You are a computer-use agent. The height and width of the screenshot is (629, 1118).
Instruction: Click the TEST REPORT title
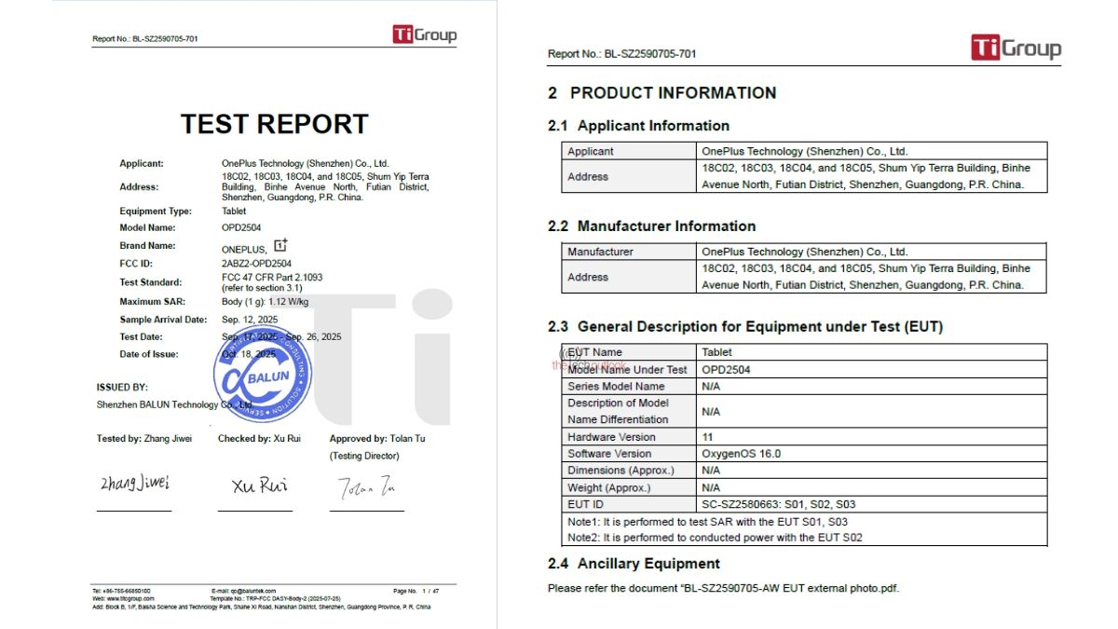274,124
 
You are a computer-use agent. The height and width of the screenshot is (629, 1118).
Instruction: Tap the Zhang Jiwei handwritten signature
135,483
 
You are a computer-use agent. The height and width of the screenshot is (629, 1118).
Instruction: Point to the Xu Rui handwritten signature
259,485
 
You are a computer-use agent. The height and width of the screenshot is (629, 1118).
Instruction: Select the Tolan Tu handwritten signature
367,486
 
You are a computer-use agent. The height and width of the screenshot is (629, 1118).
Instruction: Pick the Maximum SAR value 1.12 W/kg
291,302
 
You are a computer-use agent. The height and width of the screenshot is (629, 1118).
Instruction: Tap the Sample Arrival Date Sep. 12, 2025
250,320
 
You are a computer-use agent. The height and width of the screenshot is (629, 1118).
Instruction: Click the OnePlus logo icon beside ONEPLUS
280,246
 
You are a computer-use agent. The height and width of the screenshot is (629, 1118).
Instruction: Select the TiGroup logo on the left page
424,35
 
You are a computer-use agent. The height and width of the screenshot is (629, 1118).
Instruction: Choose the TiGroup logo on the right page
1016,48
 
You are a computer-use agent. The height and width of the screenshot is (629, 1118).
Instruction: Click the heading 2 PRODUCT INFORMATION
661,93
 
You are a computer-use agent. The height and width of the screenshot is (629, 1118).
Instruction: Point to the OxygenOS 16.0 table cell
742,454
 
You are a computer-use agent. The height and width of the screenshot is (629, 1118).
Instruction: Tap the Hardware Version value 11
707,437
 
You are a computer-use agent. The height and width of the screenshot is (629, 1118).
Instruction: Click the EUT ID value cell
778,504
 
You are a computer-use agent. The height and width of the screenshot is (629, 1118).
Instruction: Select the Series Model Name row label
616,386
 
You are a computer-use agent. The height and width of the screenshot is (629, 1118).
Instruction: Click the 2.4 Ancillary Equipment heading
634,564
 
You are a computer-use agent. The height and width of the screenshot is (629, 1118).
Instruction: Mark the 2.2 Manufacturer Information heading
651,226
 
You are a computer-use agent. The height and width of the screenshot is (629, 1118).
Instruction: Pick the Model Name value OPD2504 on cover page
241,228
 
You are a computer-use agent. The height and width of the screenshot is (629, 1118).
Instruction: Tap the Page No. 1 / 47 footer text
416,591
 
